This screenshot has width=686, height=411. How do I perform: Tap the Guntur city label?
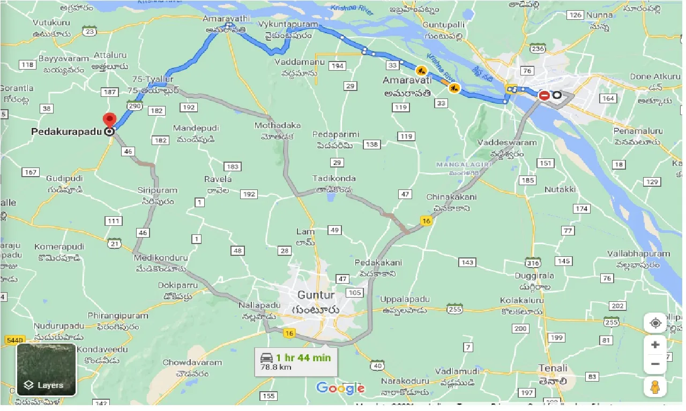[x=316, y=295]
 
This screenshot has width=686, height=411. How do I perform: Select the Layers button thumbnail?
[x=46, y=369]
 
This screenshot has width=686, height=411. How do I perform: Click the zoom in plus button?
[x=655, y=345]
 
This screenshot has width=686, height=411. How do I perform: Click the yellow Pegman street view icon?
[x=655, y=387]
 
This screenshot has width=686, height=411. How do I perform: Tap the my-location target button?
[x=655, y=323]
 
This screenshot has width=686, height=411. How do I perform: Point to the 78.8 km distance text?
[x=277, y=368]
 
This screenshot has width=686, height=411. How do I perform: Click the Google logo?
[x=340, y=388]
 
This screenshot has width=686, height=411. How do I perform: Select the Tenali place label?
[x=553, y=368]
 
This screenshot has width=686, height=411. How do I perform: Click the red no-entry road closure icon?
[x=544, y=96]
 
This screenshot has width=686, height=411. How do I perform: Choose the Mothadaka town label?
[x=278, y=125]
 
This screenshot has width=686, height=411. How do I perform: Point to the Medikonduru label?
[x=161, y=257]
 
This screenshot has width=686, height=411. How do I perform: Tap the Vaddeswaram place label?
[x=507, y=143]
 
